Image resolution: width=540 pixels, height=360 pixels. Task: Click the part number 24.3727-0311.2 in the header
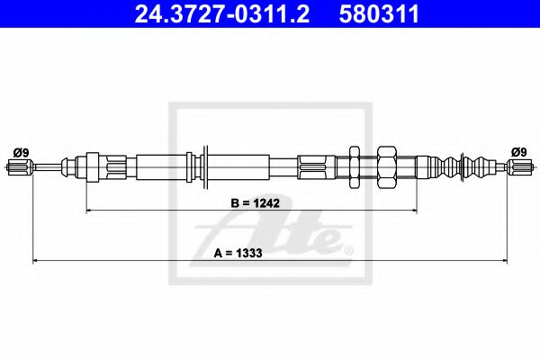coord(222,13)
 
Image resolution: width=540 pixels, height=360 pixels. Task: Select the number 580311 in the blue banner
coord(379,13)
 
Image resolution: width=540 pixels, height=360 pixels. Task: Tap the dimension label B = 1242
coord(256,202)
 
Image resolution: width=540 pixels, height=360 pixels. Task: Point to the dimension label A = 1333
coord(238,253)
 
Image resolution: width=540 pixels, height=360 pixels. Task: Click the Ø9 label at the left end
coord(21,152)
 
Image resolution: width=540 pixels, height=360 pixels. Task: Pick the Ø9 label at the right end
coord(519,152)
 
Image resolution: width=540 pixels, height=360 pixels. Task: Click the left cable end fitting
coord(20,167)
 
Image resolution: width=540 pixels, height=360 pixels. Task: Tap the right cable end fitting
coord(520,167)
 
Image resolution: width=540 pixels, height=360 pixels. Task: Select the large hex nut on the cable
coord(387,167)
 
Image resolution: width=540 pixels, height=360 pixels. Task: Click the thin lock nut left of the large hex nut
coord(355,167)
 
